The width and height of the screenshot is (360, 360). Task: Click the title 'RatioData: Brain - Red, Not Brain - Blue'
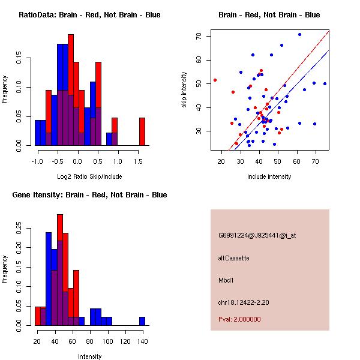tap(89, 15)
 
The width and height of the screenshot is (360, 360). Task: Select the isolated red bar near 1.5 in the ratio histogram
tap(142, 131)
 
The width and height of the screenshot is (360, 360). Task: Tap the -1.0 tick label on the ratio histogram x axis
tap(37, 161)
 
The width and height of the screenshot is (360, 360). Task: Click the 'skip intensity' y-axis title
tap(185, 90)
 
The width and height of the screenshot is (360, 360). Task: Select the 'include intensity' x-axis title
tap(269, 176)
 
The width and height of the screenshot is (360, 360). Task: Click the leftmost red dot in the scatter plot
tap(215, 80)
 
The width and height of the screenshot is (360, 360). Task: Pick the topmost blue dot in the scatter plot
tap(299, 34)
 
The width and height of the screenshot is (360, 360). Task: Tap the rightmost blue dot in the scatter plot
tap(325, 84)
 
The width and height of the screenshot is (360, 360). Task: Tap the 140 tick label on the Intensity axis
tap(142, 341)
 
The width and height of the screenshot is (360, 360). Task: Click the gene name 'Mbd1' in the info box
tap(226, 280)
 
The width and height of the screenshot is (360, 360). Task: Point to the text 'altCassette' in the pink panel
tap(233, 258)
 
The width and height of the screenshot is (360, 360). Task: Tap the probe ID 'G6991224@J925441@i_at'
tap(257, 235)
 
